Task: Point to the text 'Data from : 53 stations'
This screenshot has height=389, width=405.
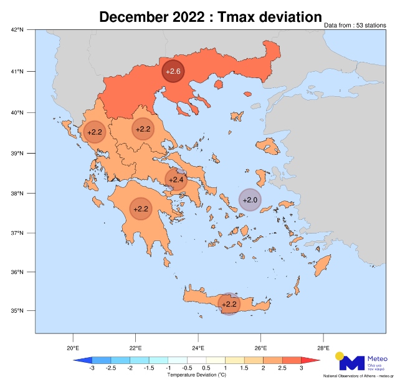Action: tap(355, 26)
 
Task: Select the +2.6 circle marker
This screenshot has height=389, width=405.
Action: tap(173, 72)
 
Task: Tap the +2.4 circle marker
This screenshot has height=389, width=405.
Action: tap(176, 180)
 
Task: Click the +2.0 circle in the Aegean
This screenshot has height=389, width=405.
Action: tap(250, 200)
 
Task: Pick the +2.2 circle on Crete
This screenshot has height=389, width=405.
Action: tap(229, 304)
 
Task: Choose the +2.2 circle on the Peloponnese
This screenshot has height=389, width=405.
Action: tap(141, 209)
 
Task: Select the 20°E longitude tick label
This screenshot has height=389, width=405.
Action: tap(72, 348)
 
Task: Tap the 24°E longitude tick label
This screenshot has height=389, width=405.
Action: tap(198, 348)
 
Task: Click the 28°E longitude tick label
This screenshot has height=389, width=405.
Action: tap(323, 348)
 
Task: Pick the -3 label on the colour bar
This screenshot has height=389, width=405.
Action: tap(92, 369)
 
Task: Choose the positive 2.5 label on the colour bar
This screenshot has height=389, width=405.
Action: tap(282, 369)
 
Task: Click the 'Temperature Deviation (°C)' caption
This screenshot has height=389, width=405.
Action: tap(196, 375)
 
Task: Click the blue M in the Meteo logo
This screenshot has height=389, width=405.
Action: tap(352, 363)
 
